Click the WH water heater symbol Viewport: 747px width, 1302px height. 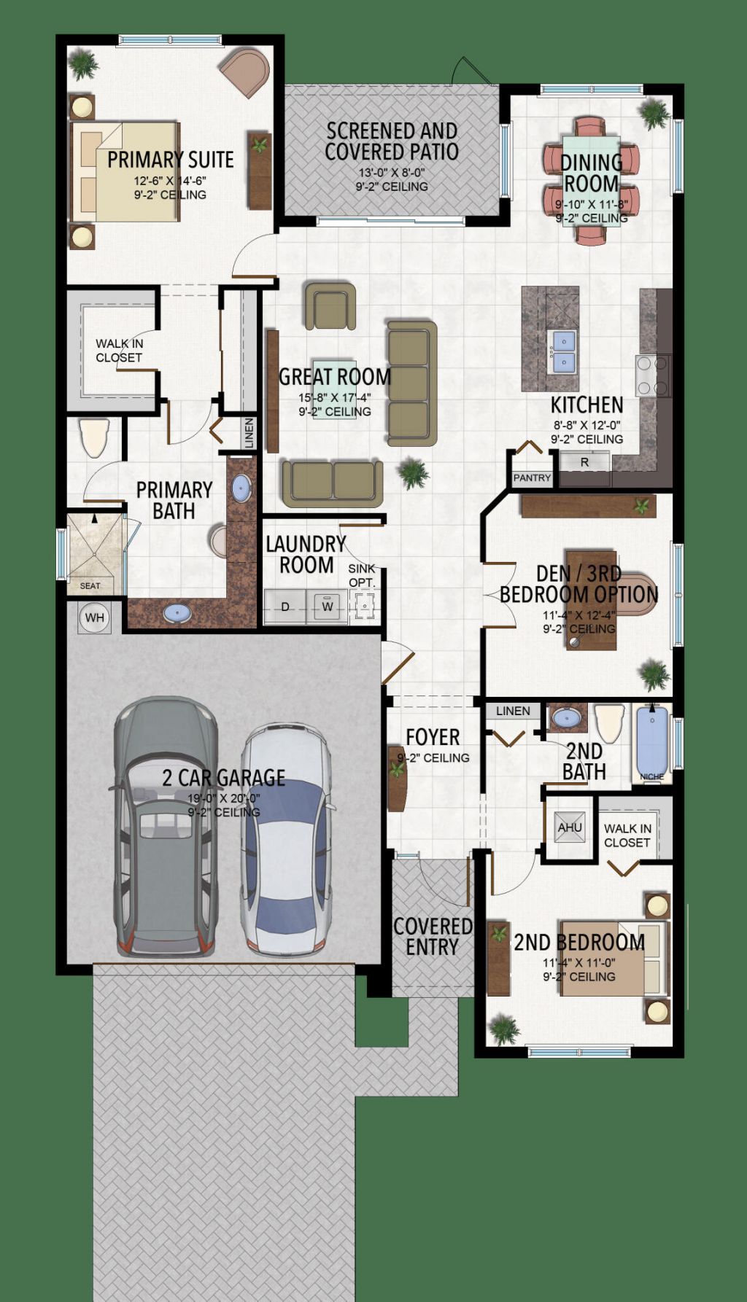click(95, 617)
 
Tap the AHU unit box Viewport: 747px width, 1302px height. click(570, 827)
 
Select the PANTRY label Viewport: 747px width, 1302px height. click(532, 477)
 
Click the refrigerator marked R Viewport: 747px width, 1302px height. click(584, 462)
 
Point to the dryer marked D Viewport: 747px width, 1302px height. click(285, 607)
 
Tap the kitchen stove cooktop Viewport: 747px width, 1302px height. click(654, 375)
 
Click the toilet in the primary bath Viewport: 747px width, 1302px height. click(94, 437)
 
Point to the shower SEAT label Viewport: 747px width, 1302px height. click(90, 585)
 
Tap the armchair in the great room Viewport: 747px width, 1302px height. click(330, 306)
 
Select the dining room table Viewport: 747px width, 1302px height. click(591, 182)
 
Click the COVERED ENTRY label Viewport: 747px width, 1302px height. click(433, 937)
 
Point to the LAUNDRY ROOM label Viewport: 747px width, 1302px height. click(306, 554)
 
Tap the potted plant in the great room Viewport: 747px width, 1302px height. click(414, 473)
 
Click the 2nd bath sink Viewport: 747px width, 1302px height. click(568, 718)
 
